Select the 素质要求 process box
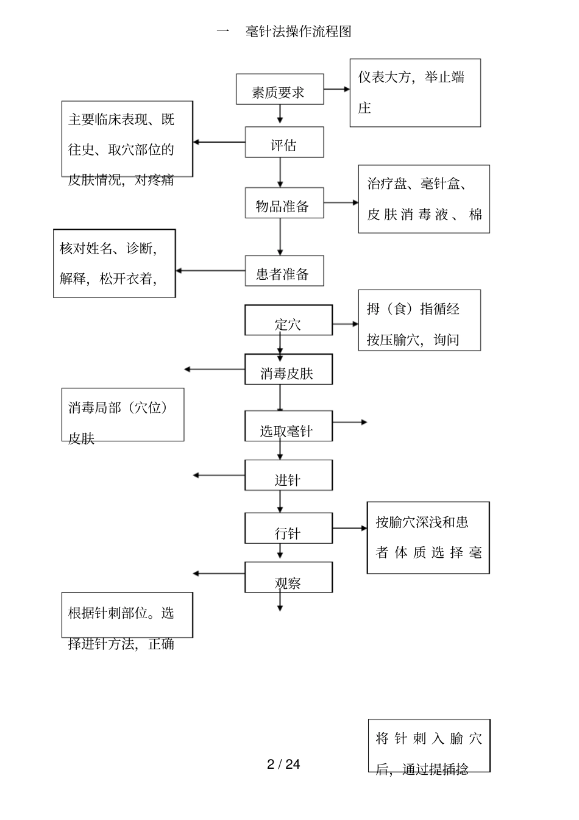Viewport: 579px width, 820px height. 280,90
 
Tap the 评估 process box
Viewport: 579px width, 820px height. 284,142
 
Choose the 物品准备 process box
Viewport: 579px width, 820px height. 284,203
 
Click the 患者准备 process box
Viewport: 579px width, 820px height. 284,271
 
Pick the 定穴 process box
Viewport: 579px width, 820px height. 288,320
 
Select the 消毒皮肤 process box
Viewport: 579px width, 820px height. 288,369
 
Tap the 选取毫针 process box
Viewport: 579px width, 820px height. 288,426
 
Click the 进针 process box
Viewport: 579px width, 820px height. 288,476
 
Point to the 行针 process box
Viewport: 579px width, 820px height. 288,528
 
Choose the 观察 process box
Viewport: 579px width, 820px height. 288,577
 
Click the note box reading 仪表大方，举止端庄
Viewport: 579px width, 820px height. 415,93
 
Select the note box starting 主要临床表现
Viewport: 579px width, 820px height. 127,139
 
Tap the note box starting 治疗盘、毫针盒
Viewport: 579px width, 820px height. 424,199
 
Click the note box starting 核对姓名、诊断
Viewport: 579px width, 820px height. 114,263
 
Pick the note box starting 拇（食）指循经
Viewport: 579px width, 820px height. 419,320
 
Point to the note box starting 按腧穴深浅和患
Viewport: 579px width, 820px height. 428,538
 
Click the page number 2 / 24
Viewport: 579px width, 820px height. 283,765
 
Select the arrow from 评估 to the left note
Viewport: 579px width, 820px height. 219,143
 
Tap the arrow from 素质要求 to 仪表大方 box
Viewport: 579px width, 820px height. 336,89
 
